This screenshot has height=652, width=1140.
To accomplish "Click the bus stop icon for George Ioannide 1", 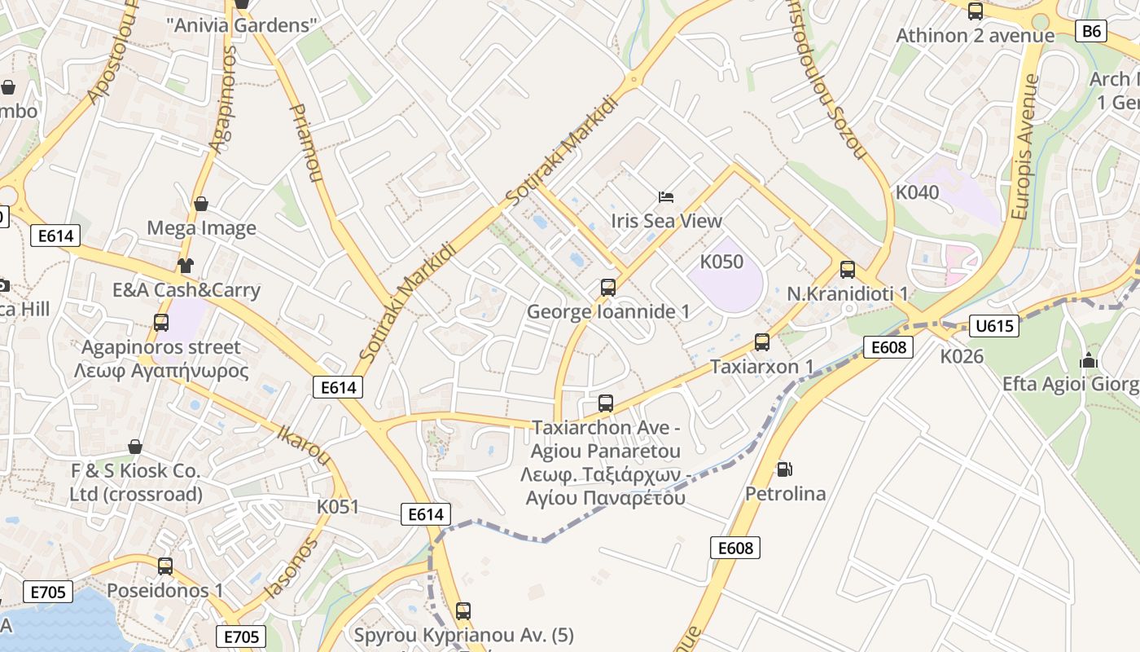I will click(x=608, y=287).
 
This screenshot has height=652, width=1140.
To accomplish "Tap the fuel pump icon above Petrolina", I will click(x=784, y=469).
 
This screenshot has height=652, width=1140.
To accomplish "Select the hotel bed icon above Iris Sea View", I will click(x=666, y=196).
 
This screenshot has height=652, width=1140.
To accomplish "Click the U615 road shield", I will click(x=994, y=326).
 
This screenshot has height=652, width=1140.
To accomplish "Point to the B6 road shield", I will click(x=1092, y=31).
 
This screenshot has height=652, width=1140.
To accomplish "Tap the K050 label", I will click(x=721, y=262).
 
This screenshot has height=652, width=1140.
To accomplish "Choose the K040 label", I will click(x=917, y=192).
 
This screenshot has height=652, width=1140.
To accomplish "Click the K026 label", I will click(x=962, y=356).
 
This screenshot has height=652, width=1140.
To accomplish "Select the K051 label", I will click(x=338, y=507).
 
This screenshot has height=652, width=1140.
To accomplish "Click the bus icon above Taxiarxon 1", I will click(x=762, y=342).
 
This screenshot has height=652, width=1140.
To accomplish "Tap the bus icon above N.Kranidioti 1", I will click(x=848, y=270).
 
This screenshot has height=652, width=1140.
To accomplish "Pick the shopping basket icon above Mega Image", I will click(x=201, y=204).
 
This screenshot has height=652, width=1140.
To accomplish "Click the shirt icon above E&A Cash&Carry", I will click(x=186, y=265).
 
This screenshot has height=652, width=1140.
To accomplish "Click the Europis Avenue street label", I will click(x=1026, y=147).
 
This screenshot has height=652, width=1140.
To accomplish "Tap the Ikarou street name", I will click(x=304, y=445).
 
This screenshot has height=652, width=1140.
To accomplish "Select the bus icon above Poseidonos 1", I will click(x=165, y=566).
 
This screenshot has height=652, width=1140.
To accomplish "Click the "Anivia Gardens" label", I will click(x=241, y=25).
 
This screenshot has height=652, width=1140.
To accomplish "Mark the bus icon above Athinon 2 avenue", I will click(x=976, y=11).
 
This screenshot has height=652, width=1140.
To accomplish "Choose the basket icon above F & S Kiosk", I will click(x=135, y=447).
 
